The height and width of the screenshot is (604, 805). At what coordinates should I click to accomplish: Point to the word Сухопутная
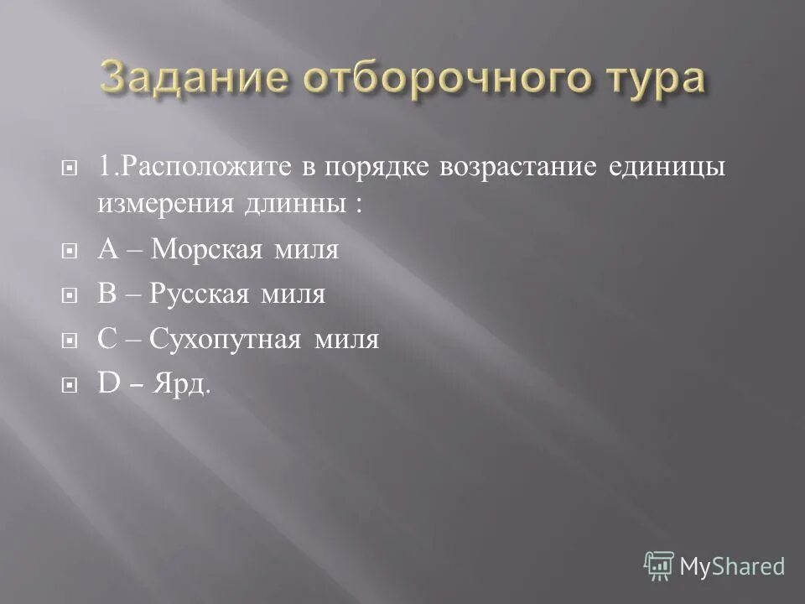[x=227, y=340]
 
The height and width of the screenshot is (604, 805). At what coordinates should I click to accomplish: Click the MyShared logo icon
[x=659, y=565]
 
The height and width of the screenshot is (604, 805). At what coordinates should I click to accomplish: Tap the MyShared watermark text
[x=732, y=566]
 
